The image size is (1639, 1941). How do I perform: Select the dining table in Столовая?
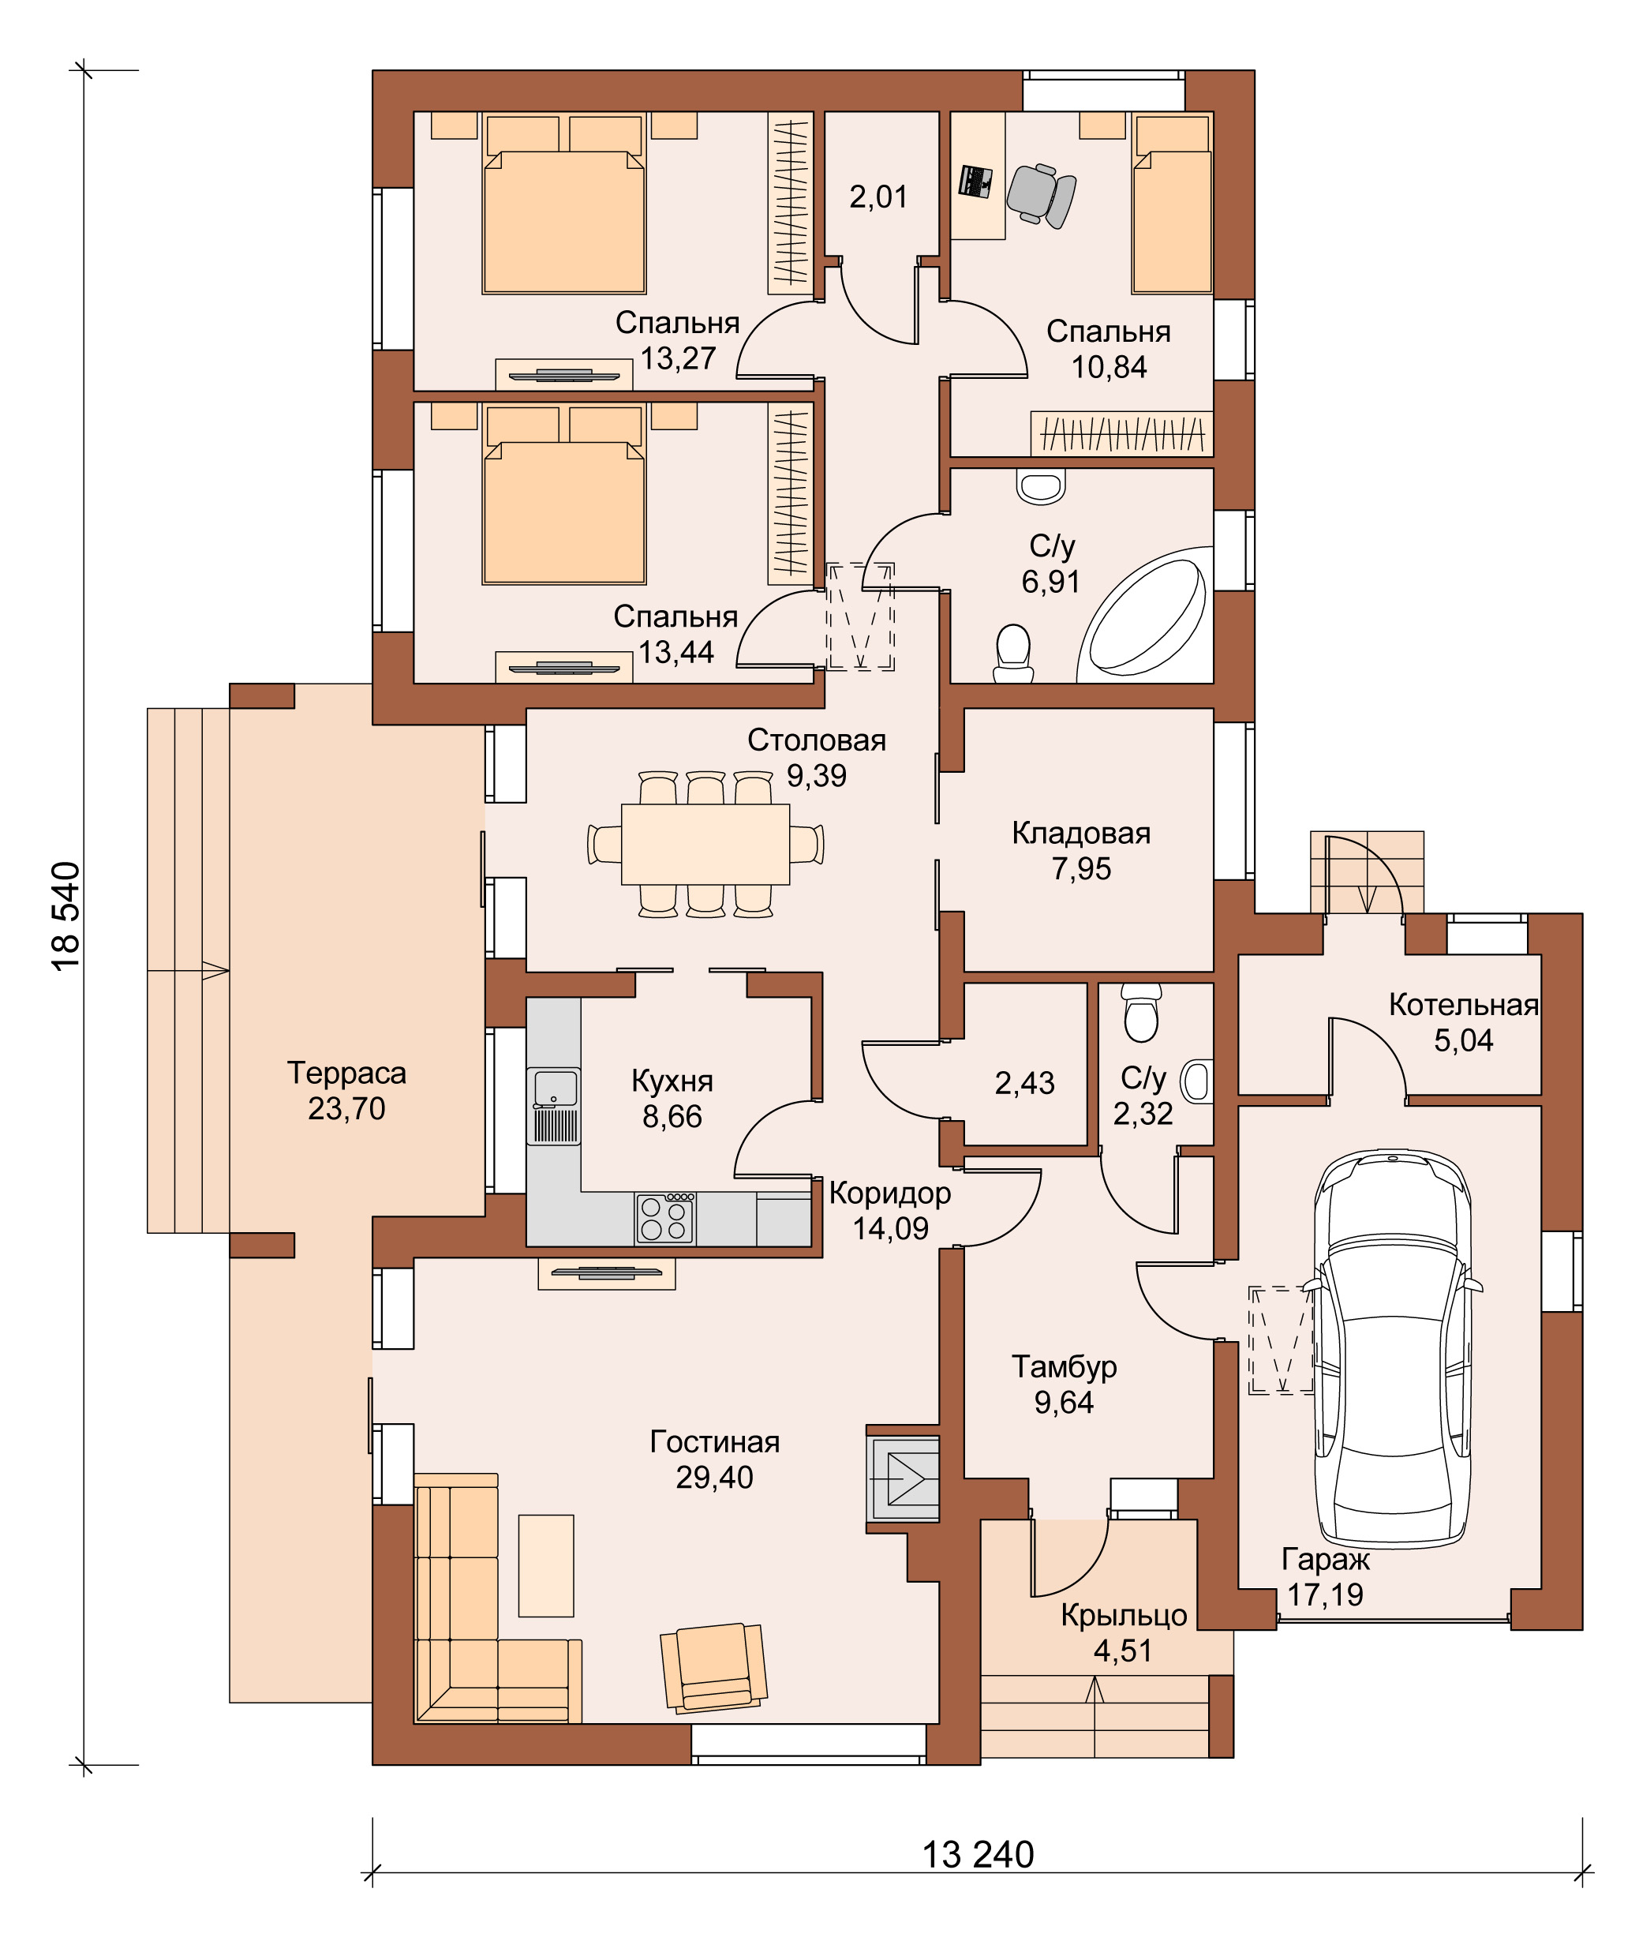click(x=705, y=844)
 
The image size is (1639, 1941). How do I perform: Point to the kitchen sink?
click(x=554, y=1106)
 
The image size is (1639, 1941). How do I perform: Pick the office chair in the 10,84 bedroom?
click(x=1042, y=195)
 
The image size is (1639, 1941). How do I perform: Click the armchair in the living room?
click(x=713, y=1667)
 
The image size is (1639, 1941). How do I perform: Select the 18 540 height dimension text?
click(x=66, y=916)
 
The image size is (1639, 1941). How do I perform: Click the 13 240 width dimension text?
click(x=978, y=1855)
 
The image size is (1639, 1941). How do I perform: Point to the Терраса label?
click(x=346, y=1074)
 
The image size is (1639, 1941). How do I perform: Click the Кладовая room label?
click(x=1082, y=834)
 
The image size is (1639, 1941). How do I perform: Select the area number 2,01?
click(x=878, y=197)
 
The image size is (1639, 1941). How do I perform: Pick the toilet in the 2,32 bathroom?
click(x=1141, y=1013)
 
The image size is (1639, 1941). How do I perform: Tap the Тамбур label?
click(x=1064, y=1367)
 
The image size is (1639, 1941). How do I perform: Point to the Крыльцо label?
click(x=1124, y=1616)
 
